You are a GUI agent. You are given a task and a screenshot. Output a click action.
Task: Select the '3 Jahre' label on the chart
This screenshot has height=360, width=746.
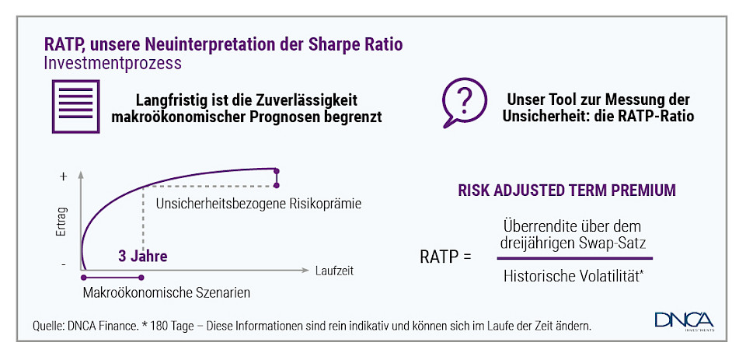click(143, 255)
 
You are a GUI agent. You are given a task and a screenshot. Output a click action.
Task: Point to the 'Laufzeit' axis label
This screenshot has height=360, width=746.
click(335, 271)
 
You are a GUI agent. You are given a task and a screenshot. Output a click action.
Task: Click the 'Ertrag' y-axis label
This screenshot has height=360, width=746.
click(62, 222)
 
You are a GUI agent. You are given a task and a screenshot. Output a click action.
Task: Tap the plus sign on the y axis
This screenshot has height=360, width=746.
click(63, 176)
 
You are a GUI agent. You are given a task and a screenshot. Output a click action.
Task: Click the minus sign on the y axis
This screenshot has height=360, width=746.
click(63, 265)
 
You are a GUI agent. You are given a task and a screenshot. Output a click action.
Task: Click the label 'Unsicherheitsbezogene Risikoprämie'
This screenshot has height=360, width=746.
click(260, 204)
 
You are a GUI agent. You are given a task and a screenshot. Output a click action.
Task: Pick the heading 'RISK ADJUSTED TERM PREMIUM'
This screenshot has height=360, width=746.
click(566, 190)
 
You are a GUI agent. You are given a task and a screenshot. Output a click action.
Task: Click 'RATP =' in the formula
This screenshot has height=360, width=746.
click(445, 255)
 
